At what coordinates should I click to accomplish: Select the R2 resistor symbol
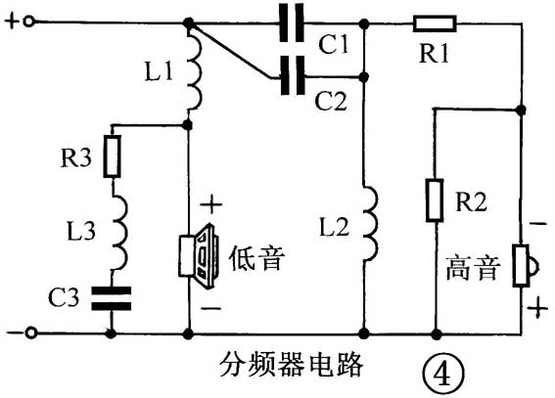(433, 200)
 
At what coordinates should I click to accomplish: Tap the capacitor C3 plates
(111, 296)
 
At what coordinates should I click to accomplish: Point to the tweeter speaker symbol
(521, 266)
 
